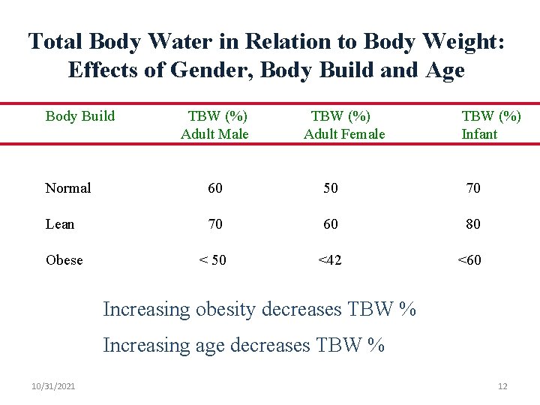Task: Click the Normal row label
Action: tap(68, 188)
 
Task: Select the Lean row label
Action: tap(60, 224)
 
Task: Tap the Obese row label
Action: tap(64, 260)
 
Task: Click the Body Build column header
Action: tap(80, 116)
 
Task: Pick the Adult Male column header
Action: tap(214, 125)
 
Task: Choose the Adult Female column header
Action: tap(343, 125)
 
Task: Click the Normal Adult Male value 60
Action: tap(215, 188)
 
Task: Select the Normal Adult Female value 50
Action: tap(331, 188)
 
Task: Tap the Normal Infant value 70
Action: tap(473, 188)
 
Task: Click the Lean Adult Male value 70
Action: tap(215, 224)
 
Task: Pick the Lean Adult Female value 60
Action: tap(331, 224)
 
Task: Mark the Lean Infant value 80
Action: tap(473, 224)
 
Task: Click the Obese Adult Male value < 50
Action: tap(212, 260)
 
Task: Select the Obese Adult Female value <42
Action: tap(330, 260)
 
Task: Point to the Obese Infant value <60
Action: tap(470, 260)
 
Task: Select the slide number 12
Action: tap(502, 386)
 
